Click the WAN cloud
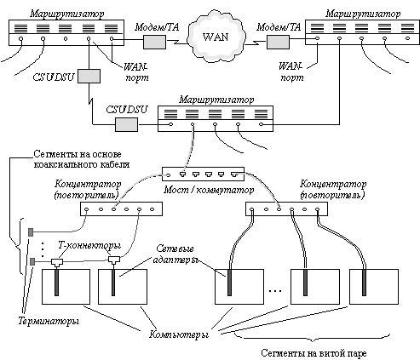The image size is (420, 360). (x=216, y=36)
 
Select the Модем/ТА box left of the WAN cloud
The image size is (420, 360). (x=154, y=42)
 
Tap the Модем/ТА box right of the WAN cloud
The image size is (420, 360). (x=278, y=42)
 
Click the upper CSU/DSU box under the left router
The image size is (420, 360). (x=89, y=76)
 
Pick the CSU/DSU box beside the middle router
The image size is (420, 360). (x=126, y=124)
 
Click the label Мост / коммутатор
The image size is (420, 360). (x=209, y=190)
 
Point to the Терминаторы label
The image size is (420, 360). (x=49, y=321)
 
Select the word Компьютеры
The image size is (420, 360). (x=179, y=334)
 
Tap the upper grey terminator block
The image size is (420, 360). (x=31, y=232)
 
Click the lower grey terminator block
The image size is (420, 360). (x=32, y=261)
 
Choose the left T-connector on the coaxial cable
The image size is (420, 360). (x=57, y=262)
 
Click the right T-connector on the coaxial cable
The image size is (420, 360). (x=114, y=260)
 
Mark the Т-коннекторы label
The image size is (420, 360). (x=89, y=246)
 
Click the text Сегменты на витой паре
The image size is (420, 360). (x=314, y=353)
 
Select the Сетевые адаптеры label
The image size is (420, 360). (x=175, y=254)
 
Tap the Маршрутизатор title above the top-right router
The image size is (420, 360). (x=363, y=14)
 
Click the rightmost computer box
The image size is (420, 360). (x=374, y=287)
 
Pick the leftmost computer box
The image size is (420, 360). (x=66, y=287)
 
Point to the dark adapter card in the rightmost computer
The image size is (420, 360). (x=364, y=283)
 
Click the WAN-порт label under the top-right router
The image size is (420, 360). (x=291, y=72)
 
